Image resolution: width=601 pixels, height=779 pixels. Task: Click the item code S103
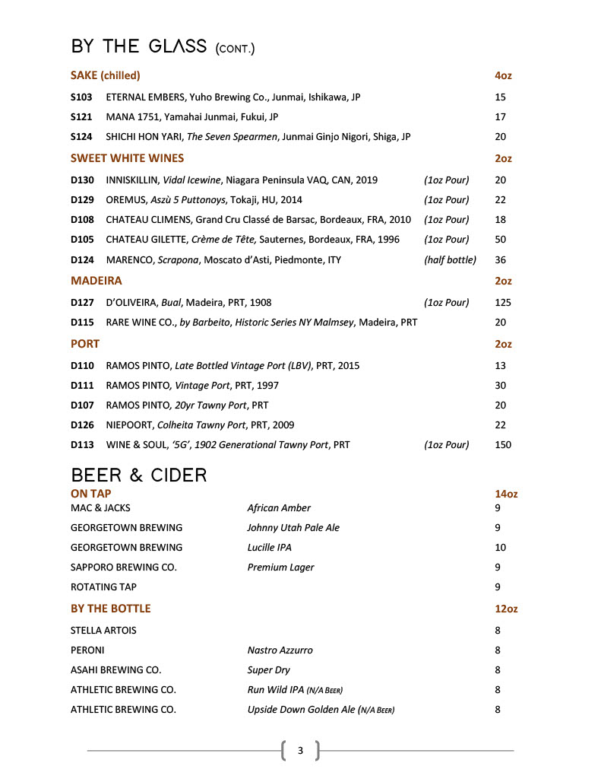[x=81, y=97]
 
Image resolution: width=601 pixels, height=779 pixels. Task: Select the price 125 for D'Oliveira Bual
[x=503, y=302]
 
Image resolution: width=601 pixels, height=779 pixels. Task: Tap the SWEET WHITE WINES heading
[x=127, y=158]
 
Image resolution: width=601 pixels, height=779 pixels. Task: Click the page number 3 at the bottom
[x=300, y=751]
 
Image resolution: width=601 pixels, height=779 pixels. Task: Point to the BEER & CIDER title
[x=139, y=475]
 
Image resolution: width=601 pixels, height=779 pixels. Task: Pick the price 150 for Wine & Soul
[x=503, y=445]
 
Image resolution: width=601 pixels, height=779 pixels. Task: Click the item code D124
[x=82, y=259]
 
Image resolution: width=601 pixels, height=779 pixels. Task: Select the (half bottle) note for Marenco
[x=450, y=259]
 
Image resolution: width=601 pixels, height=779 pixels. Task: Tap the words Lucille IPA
[x=269, y=547]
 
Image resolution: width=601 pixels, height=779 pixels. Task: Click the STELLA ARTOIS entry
[x=103, y=630]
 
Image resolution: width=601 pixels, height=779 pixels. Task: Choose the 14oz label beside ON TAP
[x=506, y=494]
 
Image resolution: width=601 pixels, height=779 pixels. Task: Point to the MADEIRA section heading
[x=96, y=281]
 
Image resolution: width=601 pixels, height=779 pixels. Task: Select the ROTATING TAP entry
[x=103, y=587]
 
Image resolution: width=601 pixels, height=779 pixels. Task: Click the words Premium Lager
[x=280, y=567]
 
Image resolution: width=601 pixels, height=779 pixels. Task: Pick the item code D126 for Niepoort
[x=82, y=425]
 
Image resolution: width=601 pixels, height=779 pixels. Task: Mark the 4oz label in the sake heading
[x=503, y=75]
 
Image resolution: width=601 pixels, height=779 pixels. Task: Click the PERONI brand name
[x=87, y=650]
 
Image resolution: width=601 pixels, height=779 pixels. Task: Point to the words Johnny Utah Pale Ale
[x=293, y=527]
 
